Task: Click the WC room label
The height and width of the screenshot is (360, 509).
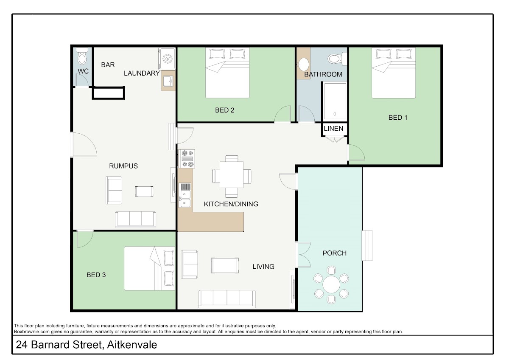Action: pyautogui.click(x=83, y=71)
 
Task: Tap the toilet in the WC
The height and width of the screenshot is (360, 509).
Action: pyautogui.click(x=82, y=56)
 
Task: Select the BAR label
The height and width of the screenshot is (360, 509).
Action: pyautogui.click(x=108, y=65)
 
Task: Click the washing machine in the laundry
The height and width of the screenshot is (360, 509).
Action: pyautogui.click(x=167, y=59)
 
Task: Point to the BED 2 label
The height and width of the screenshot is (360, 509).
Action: pyautogui.click(x=225, y=110)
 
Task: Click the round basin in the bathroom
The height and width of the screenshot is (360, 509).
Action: pyautogui.click(x=303, y=65)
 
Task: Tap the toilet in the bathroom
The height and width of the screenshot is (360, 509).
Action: pyautogui.click(x=337, y=59)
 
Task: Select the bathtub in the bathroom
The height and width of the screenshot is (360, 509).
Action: pyautogui.click(x=335, y=101)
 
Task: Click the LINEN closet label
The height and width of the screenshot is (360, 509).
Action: pyautogui.click(x=333, y=129)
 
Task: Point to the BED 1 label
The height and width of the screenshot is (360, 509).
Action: pyautogui.click(x=398, y=118)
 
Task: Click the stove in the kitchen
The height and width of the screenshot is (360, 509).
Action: pyautogui.click(x=187, y=158)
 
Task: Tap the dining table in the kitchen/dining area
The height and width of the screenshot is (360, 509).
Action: pyautogui.click(x=232, y=174)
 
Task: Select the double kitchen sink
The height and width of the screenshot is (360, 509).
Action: pyautogui.click(x=185, y=195)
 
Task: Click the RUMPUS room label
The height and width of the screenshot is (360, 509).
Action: pyautogui.click(x=123, y=166)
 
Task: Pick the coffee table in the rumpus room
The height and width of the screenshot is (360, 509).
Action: pyautogui.click(x=144, y=191)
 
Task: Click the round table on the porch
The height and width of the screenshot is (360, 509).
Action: pyautogui.click(x=331, y=284)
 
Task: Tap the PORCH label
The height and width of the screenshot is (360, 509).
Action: pyautogui.click(x=335, y=253)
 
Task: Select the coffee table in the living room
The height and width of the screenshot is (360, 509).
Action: pyautogui.click(x=225, y=265)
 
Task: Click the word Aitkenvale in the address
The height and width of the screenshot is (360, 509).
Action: pyautogui.click(x=132, y=345)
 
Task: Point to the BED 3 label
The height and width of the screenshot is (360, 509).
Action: pyautogui.click(x=96, y=275)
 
